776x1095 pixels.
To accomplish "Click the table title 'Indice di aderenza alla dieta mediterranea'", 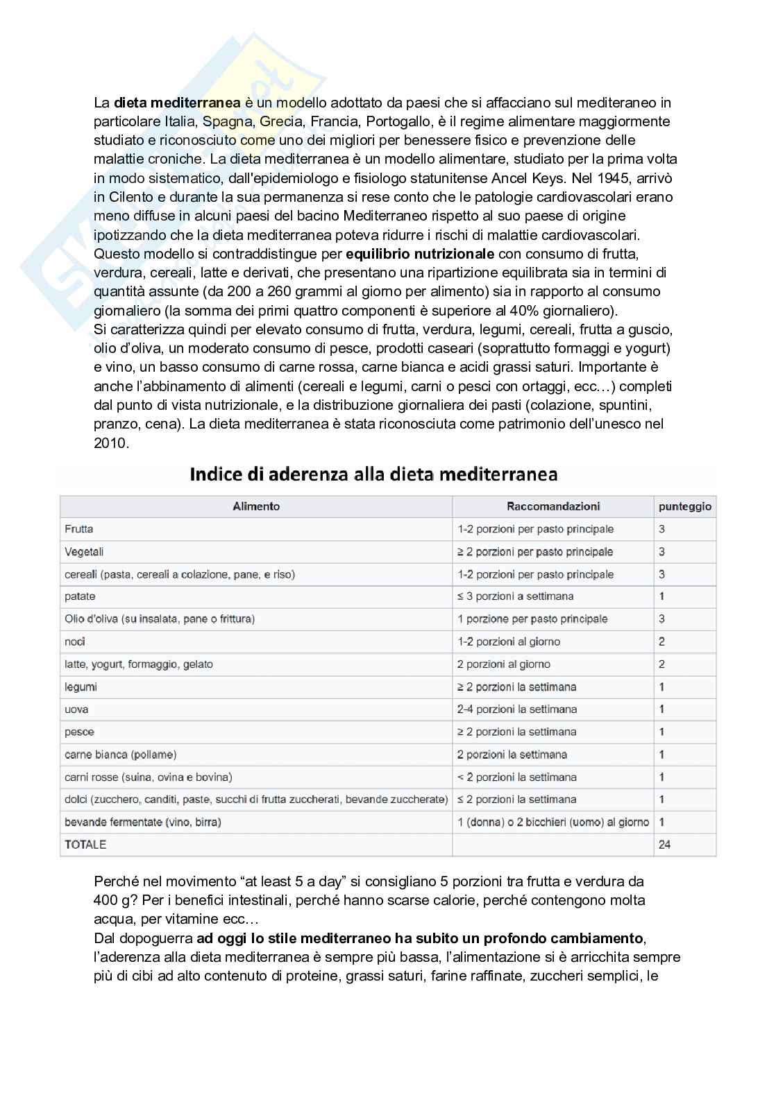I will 373,475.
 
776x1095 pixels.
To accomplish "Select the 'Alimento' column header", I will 256,506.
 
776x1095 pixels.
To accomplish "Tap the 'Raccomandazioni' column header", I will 553,506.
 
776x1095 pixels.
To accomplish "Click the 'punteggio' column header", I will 684,507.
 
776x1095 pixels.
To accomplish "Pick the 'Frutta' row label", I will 79,529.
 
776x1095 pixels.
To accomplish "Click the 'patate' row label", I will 80,596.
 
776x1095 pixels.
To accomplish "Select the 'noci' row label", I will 75,641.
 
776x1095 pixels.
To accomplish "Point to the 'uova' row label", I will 76,709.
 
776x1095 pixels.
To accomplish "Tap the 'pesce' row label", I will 79,732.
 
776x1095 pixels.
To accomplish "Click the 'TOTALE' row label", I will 85,845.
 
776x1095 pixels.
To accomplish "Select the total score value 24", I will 664,845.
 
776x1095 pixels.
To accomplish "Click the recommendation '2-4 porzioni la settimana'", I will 517,709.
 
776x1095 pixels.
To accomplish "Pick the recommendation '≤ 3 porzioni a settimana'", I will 515,596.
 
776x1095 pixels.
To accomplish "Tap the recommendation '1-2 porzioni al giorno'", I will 509,641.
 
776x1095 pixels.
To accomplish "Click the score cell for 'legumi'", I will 661,687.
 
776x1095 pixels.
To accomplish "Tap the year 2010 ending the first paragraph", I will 111,442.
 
